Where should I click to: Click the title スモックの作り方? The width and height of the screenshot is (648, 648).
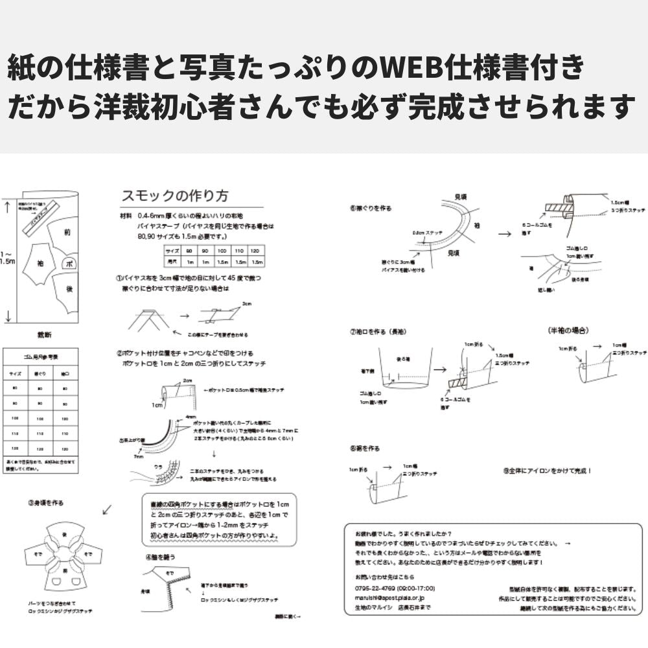174,196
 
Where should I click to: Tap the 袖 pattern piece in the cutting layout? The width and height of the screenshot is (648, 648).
40,264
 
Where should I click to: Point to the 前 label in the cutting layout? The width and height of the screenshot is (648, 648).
67,231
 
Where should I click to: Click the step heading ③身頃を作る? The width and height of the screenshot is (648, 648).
45,502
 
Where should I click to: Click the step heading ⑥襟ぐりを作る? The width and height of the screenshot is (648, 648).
371,208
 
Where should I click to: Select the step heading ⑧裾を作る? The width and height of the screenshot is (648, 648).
364,448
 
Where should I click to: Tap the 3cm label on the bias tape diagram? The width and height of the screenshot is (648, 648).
246,303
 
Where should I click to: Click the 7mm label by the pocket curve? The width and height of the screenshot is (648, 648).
138,456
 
